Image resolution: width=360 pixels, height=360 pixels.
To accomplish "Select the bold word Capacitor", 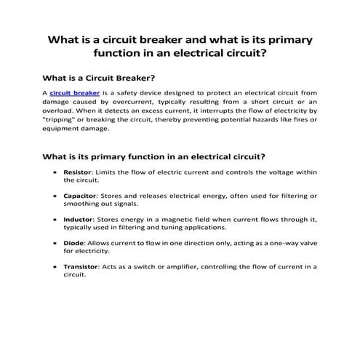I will coord(81,196).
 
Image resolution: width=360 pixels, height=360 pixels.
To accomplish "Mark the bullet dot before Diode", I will coord(55,244).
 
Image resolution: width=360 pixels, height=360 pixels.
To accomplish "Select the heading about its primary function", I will coord(153,155).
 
